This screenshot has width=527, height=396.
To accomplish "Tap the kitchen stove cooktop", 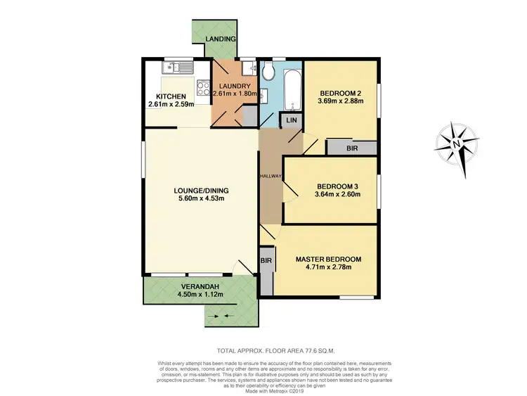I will click(x=202, y=89).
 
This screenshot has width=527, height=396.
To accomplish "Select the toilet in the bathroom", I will click(x=267, y=72).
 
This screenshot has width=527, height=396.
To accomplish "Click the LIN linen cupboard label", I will click(x=290, y=121).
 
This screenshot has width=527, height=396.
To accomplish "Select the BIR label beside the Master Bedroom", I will click(x=266, y=260).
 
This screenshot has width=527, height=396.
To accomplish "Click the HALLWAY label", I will click(x=271, y=177).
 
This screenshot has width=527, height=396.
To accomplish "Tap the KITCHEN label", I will click(x=171, y=96).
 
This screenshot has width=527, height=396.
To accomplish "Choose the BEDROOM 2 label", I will click(x=341, y=94).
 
